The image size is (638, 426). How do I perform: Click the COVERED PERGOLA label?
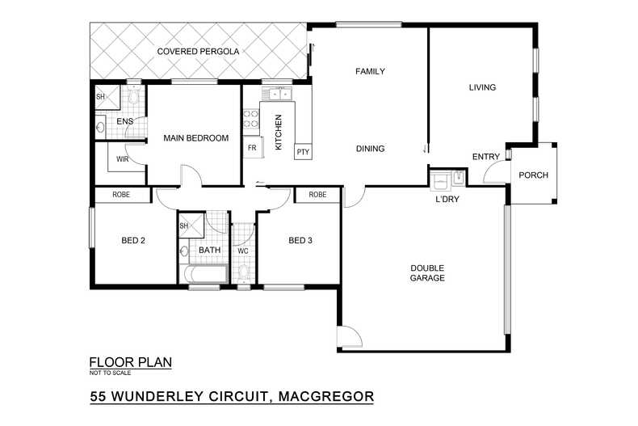tap(198, 52)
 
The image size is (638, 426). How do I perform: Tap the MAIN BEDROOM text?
tap(195, 138)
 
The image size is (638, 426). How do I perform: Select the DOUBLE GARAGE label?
tap(427, 273)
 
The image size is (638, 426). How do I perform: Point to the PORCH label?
tap(533, 175)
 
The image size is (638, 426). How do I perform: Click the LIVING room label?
tap(482, 87)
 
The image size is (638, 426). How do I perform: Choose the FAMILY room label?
tap(370, 71)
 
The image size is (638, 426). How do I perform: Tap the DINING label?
tap(370, 149)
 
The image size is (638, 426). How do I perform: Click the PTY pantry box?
tap(303, 152)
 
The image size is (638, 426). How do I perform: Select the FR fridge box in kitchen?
tap(252, 148)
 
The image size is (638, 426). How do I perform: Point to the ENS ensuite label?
tap(124, 122)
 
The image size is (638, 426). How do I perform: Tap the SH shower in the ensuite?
tap(101, 97)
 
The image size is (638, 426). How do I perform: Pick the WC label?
tap(242, 251)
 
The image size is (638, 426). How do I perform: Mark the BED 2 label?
tap(132, 240)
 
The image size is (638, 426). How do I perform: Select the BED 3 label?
tap(300, 240)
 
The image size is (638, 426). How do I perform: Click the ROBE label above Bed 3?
tap(317, 195)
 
